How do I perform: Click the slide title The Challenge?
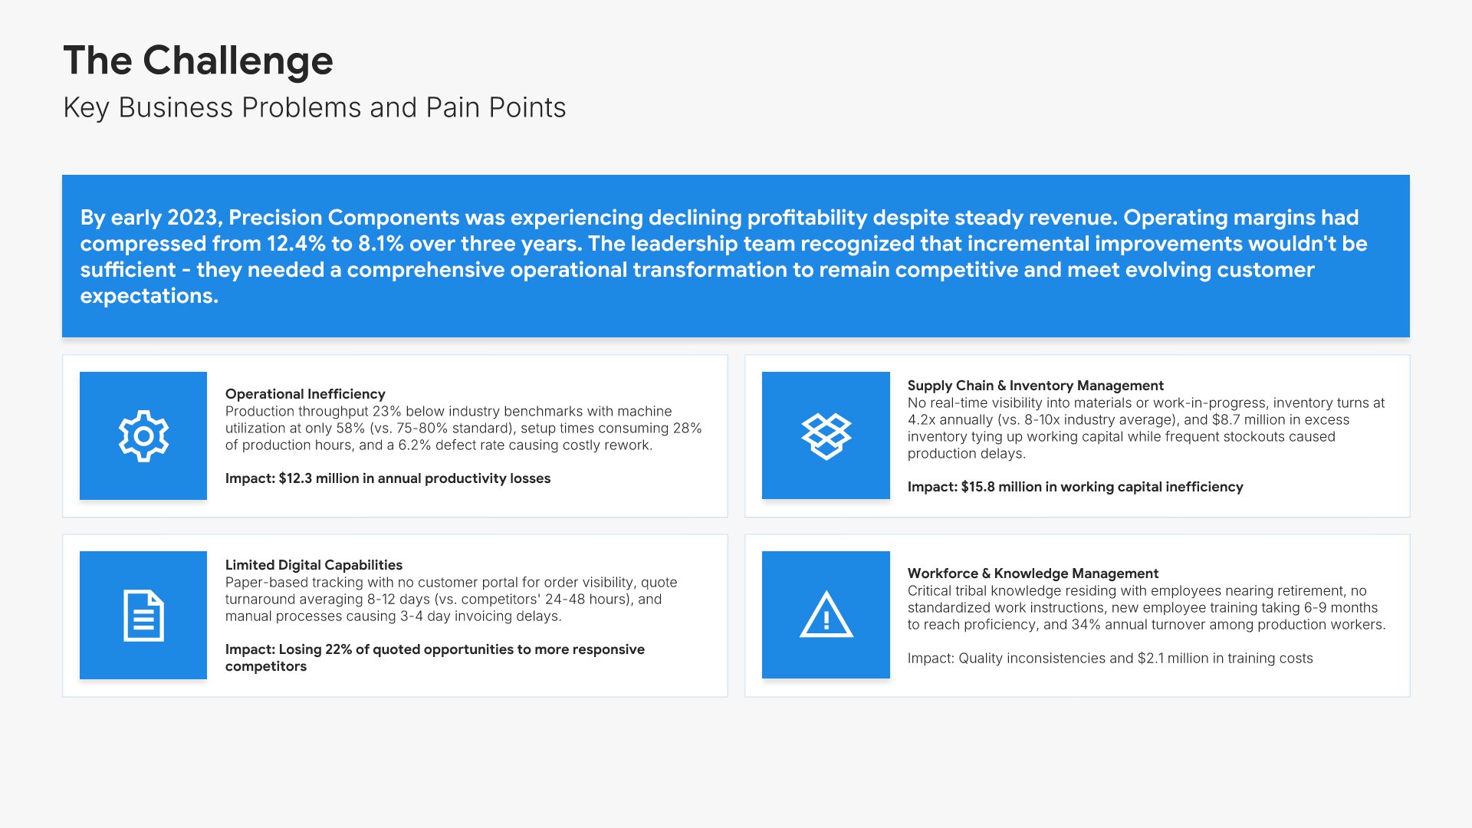(x=198, y=61)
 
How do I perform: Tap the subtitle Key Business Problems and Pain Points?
(x=314, y=108)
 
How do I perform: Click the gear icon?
(x=143, y=435)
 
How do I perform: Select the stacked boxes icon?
(x=826, y=436)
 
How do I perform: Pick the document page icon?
(x=143, y=616)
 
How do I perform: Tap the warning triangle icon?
(x=826, y=614)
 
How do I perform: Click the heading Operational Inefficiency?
(x=305, y=394)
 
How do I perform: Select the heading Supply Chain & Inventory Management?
(x=1035, y=386)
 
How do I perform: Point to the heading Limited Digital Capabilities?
(x=314, y=565)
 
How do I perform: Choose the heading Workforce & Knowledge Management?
(x=1033, y=573)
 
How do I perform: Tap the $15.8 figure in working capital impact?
(x=978, y=487)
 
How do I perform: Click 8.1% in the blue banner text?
(x=381, y=244)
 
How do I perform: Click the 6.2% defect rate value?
(x=415, y=445)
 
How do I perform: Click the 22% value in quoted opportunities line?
(x=338, y=649)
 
